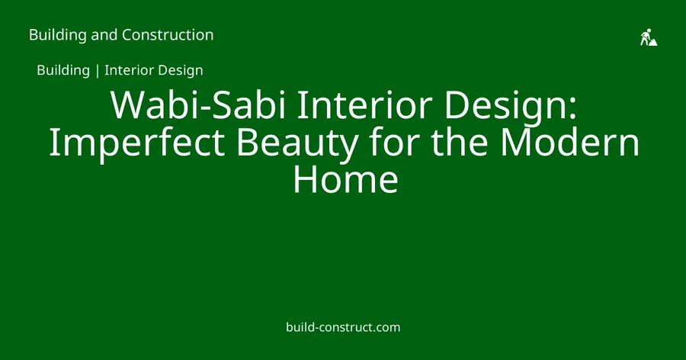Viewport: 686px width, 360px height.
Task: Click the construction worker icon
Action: coord(649,37)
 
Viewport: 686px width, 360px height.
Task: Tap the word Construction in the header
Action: coord(168,34)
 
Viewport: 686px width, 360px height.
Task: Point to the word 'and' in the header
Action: coord(104,34)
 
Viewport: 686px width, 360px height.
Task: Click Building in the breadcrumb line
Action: coord(63,70)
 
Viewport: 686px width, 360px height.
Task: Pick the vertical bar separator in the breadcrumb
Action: coord(97,70)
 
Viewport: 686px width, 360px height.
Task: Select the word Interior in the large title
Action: coord(365,105)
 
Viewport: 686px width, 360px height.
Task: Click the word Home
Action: coord(345,178)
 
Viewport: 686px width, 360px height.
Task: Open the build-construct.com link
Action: coord(343,327)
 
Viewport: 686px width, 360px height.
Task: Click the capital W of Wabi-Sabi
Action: coord(128,105)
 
